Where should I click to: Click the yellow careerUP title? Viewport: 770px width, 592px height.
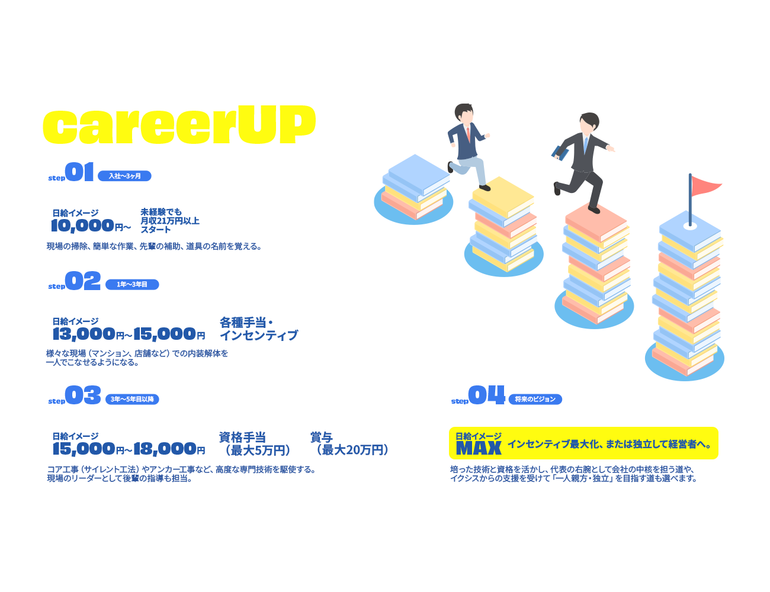(x=179, y=125)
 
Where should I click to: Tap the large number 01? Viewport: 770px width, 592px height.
(x=79, y=172)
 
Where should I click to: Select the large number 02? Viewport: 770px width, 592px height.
(x=83, y=281)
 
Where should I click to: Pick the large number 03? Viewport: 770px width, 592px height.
(x=83, y=395)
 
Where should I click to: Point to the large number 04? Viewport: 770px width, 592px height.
(x=486, y=395)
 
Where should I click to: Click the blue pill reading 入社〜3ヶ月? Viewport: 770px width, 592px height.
(x=124, y=176)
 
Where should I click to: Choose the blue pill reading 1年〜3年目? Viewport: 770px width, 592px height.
(x=132, y=285)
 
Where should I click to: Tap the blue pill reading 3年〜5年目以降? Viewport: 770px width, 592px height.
(x=132, y=399)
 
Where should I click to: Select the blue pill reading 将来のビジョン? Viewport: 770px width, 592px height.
(x=535, y=399)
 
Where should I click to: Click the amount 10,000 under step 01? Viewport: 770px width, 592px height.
(x=82, y=226)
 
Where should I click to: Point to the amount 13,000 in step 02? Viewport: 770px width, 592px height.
(x=84, y=334)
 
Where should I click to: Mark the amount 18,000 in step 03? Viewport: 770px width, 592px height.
(x=165, y=449)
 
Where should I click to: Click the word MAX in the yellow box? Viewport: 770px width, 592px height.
(x=479, y=449)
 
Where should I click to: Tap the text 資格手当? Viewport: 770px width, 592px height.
(x=242, y=437)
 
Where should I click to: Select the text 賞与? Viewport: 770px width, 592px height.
(x=322, y=437)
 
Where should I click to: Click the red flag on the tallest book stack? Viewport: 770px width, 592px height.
(x=706, y=185)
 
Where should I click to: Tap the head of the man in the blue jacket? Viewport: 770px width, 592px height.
(x=464, y=113)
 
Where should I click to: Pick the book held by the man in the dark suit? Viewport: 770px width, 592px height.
(x=560, y=153)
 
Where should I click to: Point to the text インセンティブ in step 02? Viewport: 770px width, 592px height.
(x=259, y=336)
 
